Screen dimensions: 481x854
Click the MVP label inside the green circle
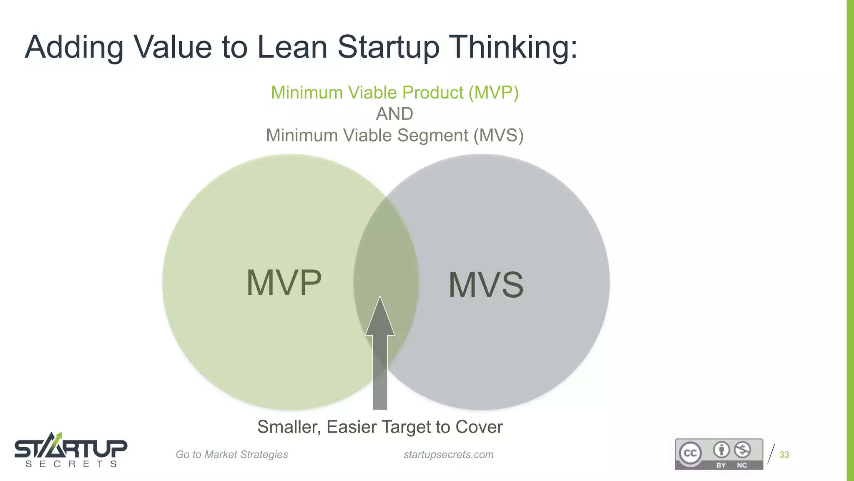click(284, 283)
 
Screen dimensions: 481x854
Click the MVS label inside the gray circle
click(486, 285)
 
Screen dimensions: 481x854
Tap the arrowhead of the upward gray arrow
click(380, 317)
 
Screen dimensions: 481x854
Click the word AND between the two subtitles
click(394, 114)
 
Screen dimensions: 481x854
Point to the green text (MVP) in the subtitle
click(493, 93)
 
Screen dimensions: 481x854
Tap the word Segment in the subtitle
click(433, 136)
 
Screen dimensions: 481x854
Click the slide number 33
click(784, 455)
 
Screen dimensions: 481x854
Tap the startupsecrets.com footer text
click(448, 455)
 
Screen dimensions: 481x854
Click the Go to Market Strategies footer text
click(231, 455)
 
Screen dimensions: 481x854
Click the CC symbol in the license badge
click(690, 453)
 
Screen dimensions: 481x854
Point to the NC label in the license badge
click(742, 465)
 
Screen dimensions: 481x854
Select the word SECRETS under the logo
click(71, 464)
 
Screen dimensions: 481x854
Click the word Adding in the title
click(74, 47)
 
